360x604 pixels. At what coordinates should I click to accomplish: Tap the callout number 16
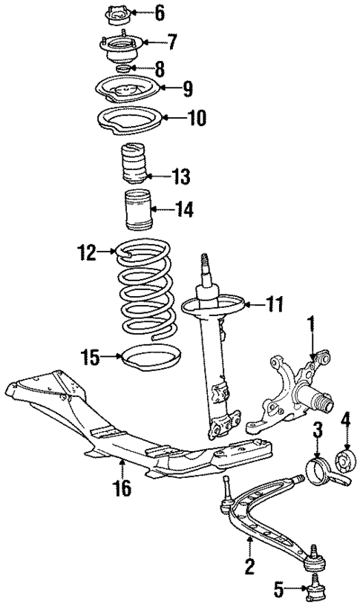pyautogui.click(x=121, y=488)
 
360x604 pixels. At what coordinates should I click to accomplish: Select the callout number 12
pyautogui.click(x=86, y=254)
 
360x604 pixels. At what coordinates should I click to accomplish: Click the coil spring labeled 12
pyautogui.click(x=146, y=297)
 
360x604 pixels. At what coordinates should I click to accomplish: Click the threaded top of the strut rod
pyautogui.click(x=204, y=266)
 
